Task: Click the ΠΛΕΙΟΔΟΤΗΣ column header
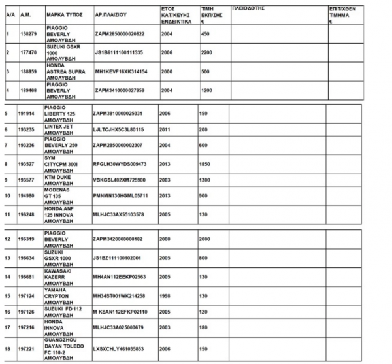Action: click(248, 9)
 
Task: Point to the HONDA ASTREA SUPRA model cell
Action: click(65, 71)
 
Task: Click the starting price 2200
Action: click(208, 52)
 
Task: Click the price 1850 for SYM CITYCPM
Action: click(206, 163)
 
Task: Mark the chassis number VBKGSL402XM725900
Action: click(121, 179)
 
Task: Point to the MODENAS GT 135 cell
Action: click(61, 194)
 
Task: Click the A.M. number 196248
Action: click(26, 213)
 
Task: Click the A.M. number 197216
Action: click(26, 326)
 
